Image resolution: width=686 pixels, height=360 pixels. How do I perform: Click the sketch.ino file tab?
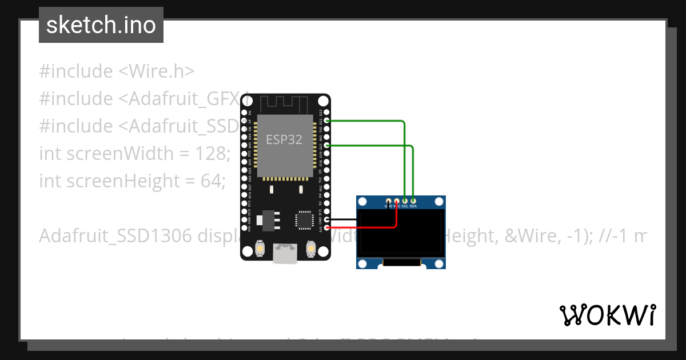pyautogui.click(x=101, y=25)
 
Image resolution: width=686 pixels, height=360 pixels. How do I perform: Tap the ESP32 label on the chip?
pyautogui.click(x=284, y=139)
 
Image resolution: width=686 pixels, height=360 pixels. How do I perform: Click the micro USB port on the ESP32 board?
pyautogui.click(x=285, y=253)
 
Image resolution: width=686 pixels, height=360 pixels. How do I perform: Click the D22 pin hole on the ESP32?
pyautogui.click(x=327, y=121)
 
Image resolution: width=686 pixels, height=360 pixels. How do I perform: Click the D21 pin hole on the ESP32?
pyautogui.click(x=327, y=146)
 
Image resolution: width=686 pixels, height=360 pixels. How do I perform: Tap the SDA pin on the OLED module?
pyautogui.click(x=413, y=201)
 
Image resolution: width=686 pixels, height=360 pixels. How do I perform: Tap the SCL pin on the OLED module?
pyautogui.click(x=405, y=201)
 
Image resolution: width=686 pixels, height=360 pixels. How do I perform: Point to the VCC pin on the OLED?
pyautogui.click(x=397, y=201)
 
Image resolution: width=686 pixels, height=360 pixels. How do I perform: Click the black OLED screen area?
pyautogui.click(x=401, y=233)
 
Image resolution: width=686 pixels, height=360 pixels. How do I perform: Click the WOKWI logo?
pyautogui.click(x=607, y=315)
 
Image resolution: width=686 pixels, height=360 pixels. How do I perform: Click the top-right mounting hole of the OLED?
pyautogui.click(x=438, y=202)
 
